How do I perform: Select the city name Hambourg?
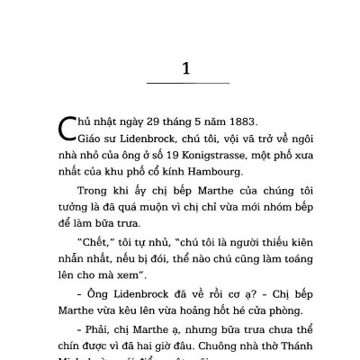pyautogui.click(x=209, y=169)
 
